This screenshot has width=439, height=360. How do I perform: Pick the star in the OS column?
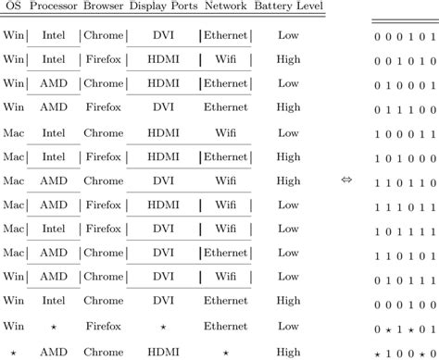13,353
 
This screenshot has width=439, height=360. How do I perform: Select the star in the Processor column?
54,326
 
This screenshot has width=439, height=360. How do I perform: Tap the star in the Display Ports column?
162,326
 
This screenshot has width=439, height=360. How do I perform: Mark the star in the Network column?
225,353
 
